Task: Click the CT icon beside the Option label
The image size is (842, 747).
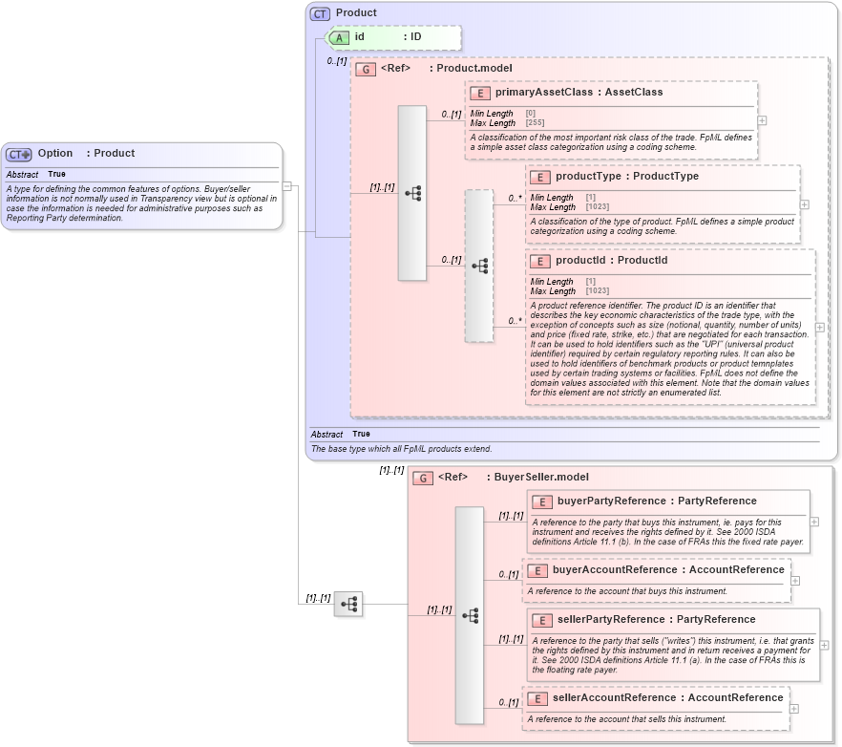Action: click(19, 154)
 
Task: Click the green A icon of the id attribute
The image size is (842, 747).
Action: click(340, 37)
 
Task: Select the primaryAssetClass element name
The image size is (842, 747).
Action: click(540, 93)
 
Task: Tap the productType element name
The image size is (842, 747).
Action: click(587, 177)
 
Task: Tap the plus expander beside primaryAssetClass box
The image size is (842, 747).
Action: click(762, 121)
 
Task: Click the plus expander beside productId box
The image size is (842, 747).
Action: click(819, 327)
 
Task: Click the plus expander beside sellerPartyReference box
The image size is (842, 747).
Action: click(824, 645)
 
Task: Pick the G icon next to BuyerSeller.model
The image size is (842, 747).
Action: click(423, 478)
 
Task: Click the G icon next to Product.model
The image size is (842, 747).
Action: click(365, 69)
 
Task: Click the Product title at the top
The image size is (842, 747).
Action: click(356, 13)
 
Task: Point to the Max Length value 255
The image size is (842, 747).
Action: click(535, 123)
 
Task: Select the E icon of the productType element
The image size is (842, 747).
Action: click(539, 177)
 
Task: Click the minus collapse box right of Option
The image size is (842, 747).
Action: click(287, 187)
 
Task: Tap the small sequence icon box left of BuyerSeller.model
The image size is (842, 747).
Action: click(348, 604)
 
